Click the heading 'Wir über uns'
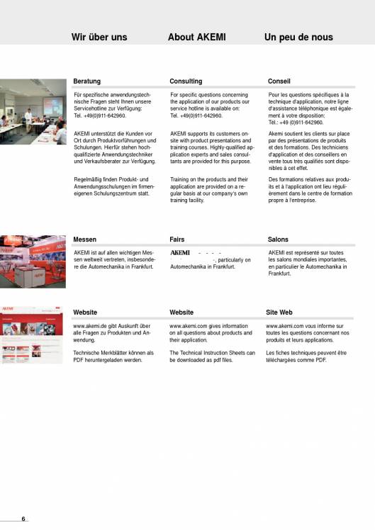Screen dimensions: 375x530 coord(99,37)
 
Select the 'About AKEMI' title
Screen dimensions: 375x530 coord(196,37)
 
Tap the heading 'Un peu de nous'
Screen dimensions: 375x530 coord(298,37)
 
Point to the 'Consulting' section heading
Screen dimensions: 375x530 coord(186,81)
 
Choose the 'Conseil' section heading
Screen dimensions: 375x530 coord(279,81)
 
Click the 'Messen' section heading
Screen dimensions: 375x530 coord(85,239)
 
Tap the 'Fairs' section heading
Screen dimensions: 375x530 coord(177,239)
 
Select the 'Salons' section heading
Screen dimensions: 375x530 coord(278,239)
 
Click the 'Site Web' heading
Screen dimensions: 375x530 coord(279,312)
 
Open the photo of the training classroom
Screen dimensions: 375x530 coord(33,111)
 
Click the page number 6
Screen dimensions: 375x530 coord(23,519)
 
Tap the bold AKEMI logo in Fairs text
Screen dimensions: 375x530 coord(181,252)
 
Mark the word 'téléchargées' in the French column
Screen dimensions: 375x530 coord(286,360)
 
